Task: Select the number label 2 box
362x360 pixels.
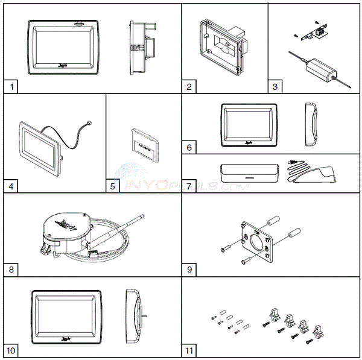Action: click(x=190, y=86)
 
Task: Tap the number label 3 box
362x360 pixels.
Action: click(x=275, y=86)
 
